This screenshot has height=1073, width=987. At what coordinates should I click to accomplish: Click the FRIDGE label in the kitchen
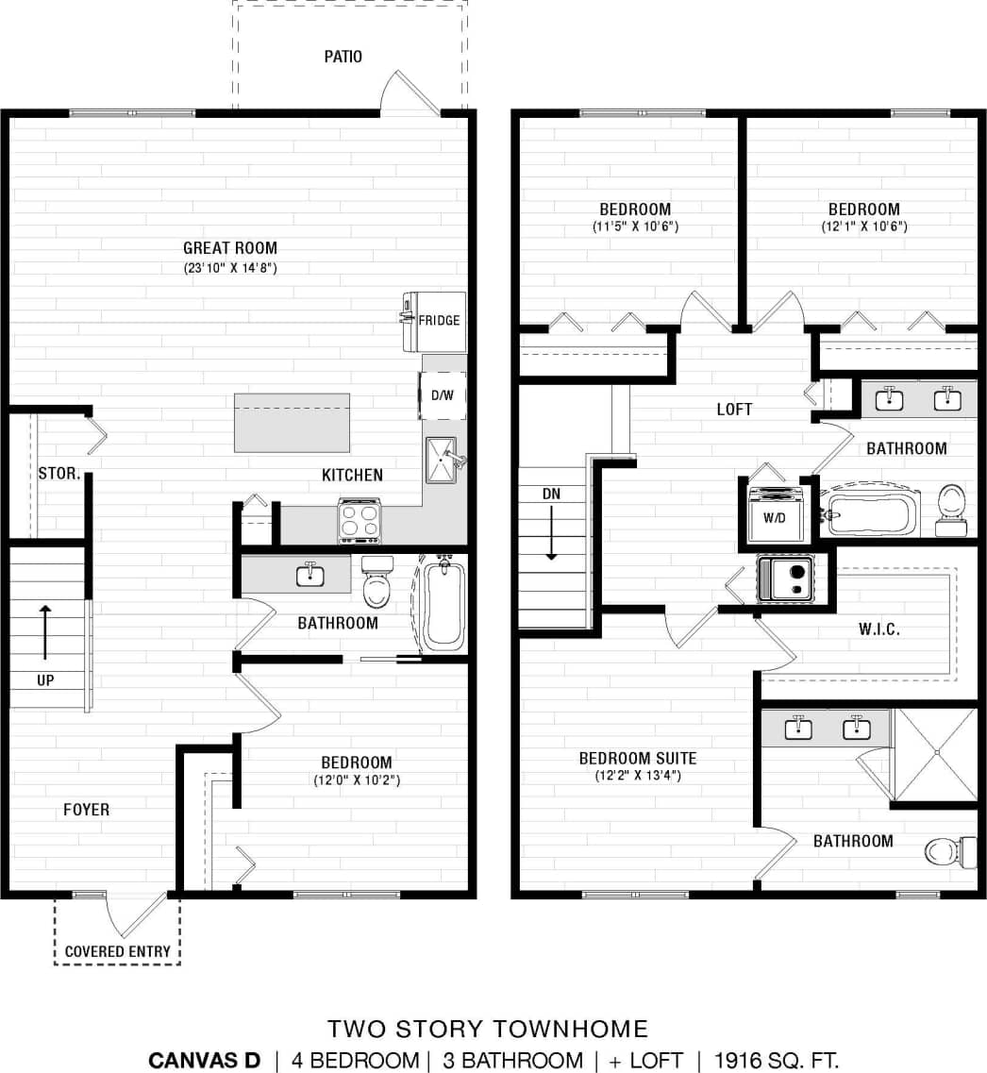(x=439, y=320)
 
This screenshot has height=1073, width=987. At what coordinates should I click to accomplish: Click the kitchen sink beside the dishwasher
(x=442, y=460)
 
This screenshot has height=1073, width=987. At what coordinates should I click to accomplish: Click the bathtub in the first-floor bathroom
(x=443, y=604)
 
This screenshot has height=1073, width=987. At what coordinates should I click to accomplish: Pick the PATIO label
(x=343, y=57)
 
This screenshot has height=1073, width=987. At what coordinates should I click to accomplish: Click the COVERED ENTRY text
(x=118, y=951)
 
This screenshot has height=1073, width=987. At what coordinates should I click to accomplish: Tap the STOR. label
(x=59, y=473)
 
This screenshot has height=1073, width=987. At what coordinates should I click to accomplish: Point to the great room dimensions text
(x=231, y=267)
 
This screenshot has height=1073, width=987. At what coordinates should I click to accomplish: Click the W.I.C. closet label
(x=878, y=629)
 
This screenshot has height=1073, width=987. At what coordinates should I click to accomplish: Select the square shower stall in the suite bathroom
(x=936, y=753)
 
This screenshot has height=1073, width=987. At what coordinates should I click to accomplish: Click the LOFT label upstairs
(x=734, y=410)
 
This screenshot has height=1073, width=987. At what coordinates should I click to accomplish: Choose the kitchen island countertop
(x=292, y=423)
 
